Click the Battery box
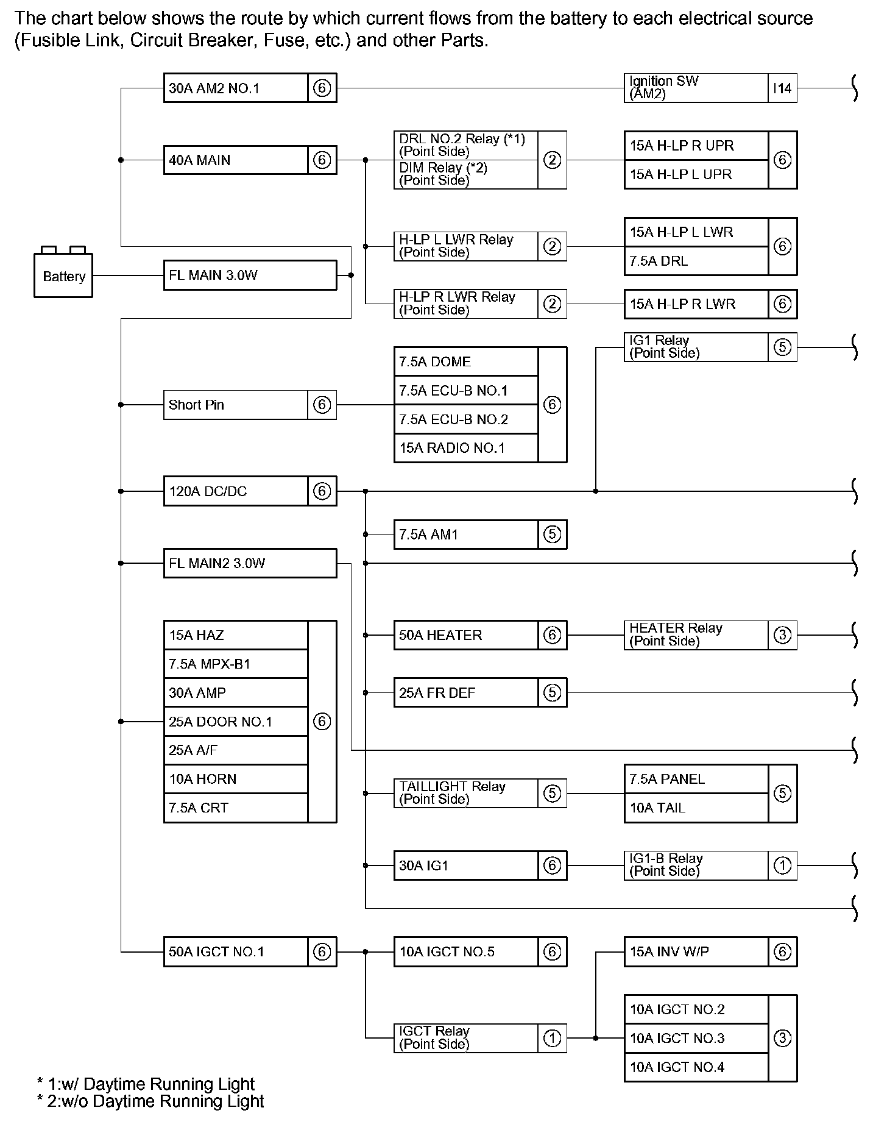click(x=63, y=275)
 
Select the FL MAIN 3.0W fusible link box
click(x=250, y=275)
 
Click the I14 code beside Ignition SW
click(x=782, y=88)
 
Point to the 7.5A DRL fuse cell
click(x=696, y=261)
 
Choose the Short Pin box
click(x=236, y=405)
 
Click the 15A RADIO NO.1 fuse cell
click(x=466, y=448)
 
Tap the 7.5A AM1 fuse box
click(x=466, y=535)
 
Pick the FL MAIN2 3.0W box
click(x=250, y=563)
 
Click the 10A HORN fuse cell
click(x=236, y=779)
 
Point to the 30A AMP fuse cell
click(x=236, y=693)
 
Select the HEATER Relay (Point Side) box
click(x=696, y=635)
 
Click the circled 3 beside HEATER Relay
click(x=782, y=635)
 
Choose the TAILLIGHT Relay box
click(x=466, y=793)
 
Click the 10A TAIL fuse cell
click(x=696, y=808)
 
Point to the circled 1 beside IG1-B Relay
click(x=782, y=866)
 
